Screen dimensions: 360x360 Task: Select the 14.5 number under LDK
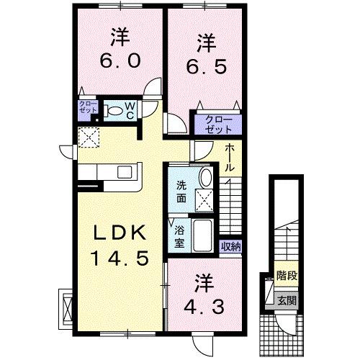click(x=120, y=256)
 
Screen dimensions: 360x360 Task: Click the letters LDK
click(x=120, y=233)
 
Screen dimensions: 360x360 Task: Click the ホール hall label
click(x=229, y=158)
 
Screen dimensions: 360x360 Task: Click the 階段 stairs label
click(x=287, y=276)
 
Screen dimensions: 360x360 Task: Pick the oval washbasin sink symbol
click(x=205, y=179)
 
